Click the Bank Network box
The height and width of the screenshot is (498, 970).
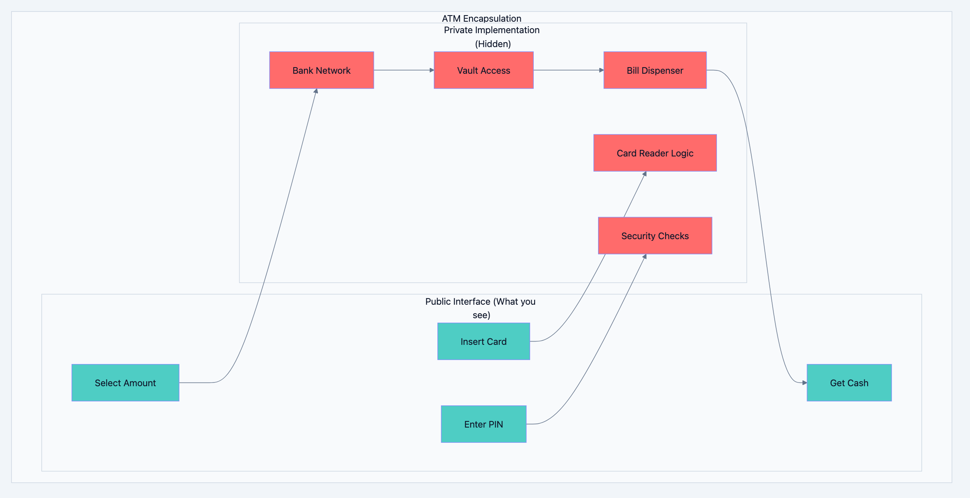pos(322,70)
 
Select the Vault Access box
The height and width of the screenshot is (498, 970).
pos(483,70)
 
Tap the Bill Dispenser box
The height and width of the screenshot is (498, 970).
pos(655,70)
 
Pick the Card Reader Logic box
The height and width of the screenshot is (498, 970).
pos(655,153)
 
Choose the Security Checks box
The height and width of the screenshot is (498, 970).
pos(655,236)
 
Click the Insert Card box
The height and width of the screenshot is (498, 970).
pos(483,342)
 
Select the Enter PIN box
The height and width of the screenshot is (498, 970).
pos(483,424)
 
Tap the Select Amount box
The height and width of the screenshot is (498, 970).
pos(125,383)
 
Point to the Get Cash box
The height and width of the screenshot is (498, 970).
pos(849,383)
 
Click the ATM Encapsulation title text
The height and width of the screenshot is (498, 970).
pos(481,18)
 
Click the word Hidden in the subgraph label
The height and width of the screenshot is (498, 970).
pos(493,44)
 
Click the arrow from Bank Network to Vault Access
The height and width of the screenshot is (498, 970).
pos(403,70)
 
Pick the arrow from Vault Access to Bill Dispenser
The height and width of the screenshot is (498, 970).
pos(568,70)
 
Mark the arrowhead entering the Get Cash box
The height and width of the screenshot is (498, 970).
pos(804,383)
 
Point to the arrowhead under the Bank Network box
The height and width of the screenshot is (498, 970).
pos(316,91)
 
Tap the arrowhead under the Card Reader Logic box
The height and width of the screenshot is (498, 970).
pos(645,174)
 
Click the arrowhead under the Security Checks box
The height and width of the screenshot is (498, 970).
pos(645,257)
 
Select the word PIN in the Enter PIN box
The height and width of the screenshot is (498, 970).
pos(496,424)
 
